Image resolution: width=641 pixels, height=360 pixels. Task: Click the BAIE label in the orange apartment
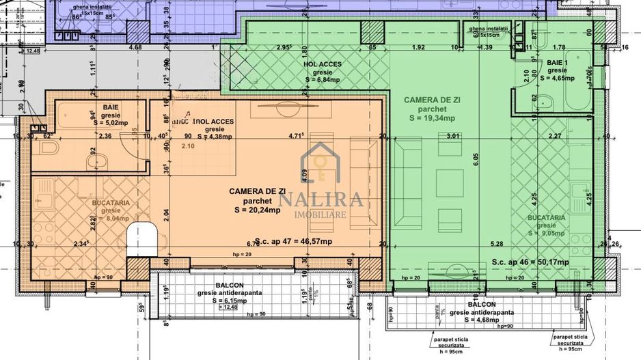point(110,107)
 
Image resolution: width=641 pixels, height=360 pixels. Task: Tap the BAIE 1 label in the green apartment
point(556,63)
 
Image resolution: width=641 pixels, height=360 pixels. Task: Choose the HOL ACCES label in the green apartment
point(322,64)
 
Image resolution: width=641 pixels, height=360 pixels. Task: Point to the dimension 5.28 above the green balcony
point(497,243)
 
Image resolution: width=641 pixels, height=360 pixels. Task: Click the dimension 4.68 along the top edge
point(135,47)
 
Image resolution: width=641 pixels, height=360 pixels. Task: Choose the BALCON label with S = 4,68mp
point(482,303)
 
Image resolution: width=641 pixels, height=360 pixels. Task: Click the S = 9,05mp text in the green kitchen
point(545,232)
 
